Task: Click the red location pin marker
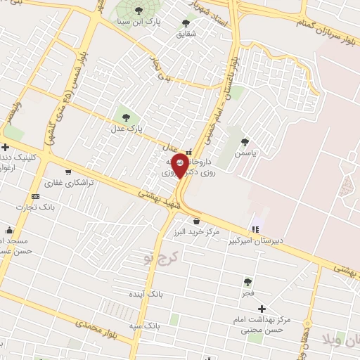tap(181, 165)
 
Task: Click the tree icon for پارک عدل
tap(127, 117)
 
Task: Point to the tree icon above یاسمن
tap(245, 142)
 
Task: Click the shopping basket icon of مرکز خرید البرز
tap(195, 221)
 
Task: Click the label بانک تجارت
tap(38, 207)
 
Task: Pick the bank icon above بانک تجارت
tap(35, 196)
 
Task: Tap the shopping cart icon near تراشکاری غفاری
tap(68, 172)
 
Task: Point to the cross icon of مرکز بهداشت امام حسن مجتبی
tap(262, 309)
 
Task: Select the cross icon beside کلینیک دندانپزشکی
tap(6, 148)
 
